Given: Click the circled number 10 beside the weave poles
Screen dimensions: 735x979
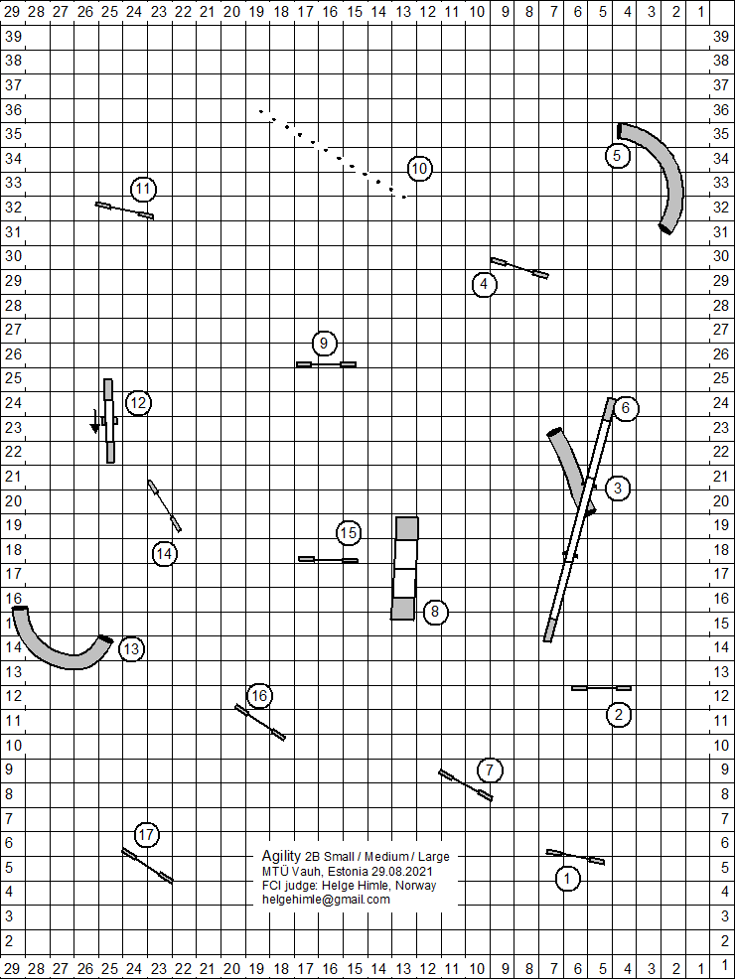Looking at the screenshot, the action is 419,169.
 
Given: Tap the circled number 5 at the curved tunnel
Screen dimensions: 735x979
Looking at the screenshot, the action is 617,156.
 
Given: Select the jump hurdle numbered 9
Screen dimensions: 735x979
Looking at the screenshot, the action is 326,364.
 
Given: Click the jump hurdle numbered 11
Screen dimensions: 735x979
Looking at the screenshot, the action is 124,210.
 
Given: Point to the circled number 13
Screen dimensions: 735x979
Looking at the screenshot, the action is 131,648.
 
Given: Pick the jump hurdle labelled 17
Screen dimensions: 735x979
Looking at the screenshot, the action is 147,866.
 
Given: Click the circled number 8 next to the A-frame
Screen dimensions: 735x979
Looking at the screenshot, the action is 435,612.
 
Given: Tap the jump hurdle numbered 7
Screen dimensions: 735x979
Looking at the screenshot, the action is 465,784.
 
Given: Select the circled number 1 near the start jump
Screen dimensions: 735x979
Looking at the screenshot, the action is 567,879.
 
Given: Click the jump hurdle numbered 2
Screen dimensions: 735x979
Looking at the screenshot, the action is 601,688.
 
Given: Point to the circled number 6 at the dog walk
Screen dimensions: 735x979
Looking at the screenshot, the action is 626,408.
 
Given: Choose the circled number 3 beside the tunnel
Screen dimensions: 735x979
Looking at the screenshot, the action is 618,489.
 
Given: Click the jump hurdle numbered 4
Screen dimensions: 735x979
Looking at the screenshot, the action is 519,268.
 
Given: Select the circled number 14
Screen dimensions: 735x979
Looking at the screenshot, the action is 164,554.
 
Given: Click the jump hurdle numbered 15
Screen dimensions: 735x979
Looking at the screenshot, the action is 329,560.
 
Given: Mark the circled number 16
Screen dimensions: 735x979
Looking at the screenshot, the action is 259,696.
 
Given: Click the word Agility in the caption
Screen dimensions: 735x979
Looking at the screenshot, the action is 282,856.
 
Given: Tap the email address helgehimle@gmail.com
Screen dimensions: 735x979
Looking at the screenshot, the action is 326,900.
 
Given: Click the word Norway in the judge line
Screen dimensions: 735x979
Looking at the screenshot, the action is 416,886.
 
